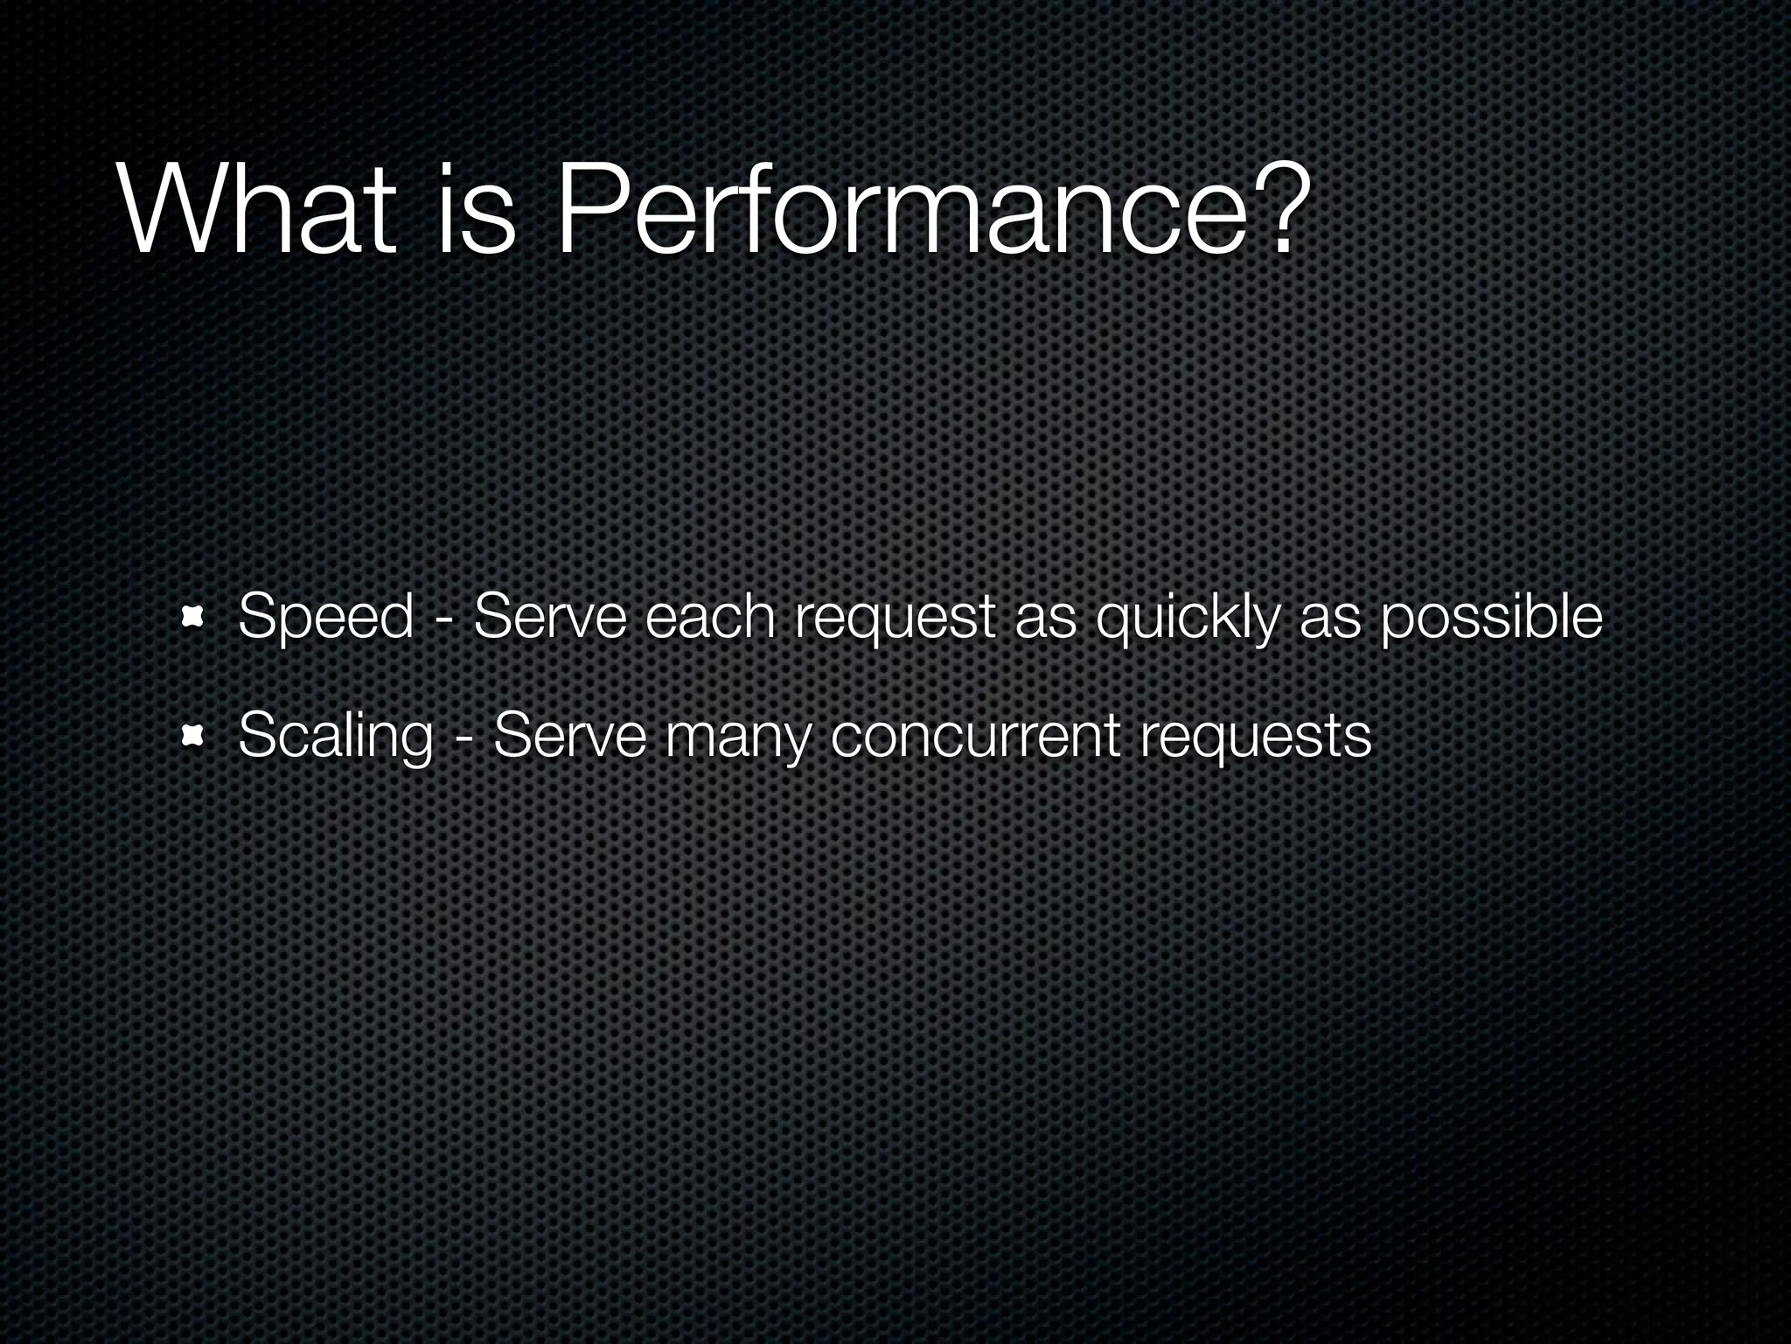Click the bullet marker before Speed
192,618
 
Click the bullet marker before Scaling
192,737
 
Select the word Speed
325,618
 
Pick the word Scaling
336,737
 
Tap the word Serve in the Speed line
550,616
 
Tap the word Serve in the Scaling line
569,735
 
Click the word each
710,616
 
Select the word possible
1491,618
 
